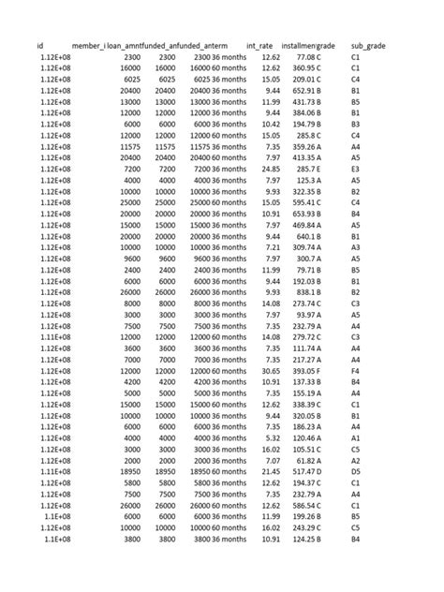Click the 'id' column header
tap(40, 46)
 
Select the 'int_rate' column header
tap(259, 46)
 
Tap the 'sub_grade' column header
tap(367, 46)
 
